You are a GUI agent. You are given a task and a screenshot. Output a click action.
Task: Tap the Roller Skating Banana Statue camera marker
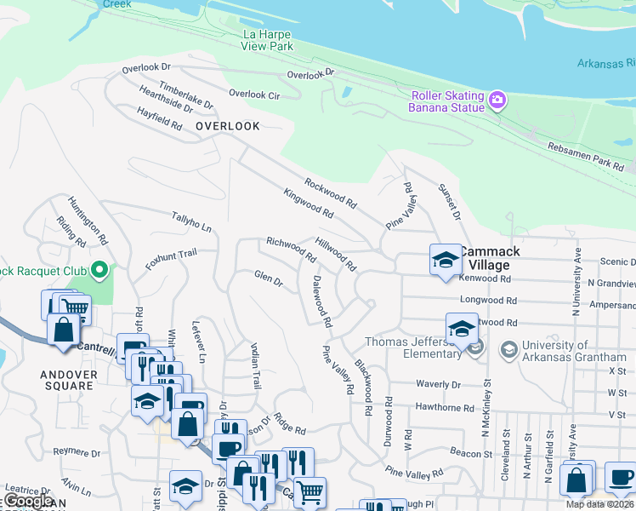click(x=497, y=101)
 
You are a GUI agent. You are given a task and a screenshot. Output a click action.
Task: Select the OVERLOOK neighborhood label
click(x=227, y=126)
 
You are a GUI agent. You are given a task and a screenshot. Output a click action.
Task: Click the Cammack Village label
click(x=489, y=258)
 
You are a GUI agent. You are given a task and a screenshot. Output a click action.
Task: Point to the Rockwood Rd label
click(x=331, y=192)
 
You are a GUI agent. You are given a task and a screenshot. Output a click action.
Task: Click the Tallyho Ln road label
click(x=191, y=221)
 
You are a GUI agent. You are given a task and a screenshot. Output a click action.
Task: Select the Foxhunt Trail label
click(x=171, y=259)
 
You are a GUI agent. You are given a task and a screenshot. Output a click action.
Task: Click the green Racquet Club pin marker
click(x=99, y=271)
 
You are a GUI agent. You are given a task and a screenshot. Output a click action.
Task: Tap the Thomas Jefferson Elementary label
click(x=417, y=348)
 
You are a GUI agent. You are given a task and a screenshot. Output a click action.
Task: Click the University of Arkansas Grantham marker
click(x=508, y=349)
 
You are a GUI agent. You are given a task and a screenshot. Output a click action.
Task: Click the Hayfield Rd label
click(x=160, y=118)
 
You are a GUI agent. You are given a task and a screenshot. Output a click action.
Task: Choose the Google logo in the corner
click(x=28, y=501)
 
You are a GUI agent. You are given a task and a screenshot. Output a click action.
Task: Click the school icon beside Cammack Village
click(x=445, y=260)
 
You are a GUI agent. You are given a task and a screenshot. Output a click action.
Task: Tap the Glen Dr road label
click(x=268, y=278)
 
